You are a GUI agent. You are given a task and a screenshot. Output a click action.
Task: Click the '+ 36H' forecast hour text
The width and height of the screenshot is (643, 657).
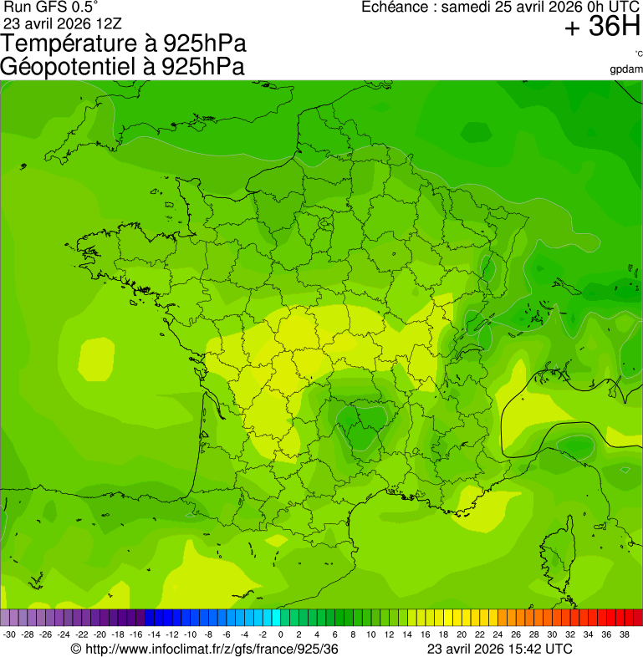coord(602,27)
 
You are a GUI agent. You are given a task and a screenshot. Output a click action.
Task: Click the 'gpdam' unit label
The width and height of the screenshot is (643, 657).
coord(626,69)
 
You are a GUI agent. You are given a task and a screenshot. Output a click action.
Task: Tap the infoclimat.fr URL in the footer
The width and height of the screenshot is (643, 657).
coord(205,649)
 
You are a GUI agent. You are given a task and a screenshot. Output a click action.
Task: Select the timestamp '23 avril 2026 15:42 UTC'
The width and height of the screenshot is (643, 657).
coord(499,649)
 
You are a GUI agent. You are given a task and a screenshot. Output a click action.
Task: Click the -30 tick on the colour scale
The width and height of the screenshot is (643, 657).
coord(9,634)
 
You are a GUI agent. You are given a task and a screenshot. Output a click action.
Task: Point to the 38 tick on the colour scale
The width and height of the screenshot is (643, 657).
coord(624,634)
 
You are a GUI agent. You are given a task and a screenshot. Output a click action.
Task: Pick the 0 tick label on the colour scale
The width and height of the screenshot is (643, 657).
coord(280,634)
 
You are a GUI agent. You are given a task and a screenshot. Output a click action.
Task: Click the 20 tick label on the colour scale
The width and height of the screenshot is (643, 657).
coord(461,634)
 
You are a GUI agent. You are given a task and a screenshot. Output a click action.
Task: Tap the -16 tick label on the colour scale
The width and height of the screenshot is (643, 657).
coord(136,634)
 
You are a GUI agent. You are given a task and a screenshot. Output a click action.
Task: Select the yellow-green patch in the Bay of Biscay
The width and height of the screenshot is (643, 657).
coord(96,359)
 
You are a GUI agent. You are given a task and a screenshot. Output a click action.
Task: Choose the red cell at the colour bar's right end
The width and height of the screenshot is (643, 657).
coord(636,618)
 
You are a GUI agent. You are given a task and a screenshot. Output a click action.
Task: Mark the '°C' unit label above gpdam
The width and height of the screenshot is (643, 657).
coord(638,54)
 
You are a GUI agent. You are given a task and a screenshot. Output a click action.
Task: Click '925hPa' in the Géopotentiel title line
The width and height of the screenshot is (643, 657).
coord(203,67)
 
